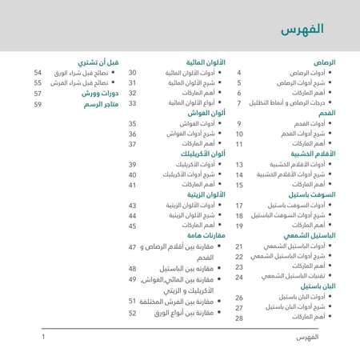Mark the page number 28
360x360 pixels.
[238, 318]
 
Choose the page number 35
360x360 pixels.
[133, 123]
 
